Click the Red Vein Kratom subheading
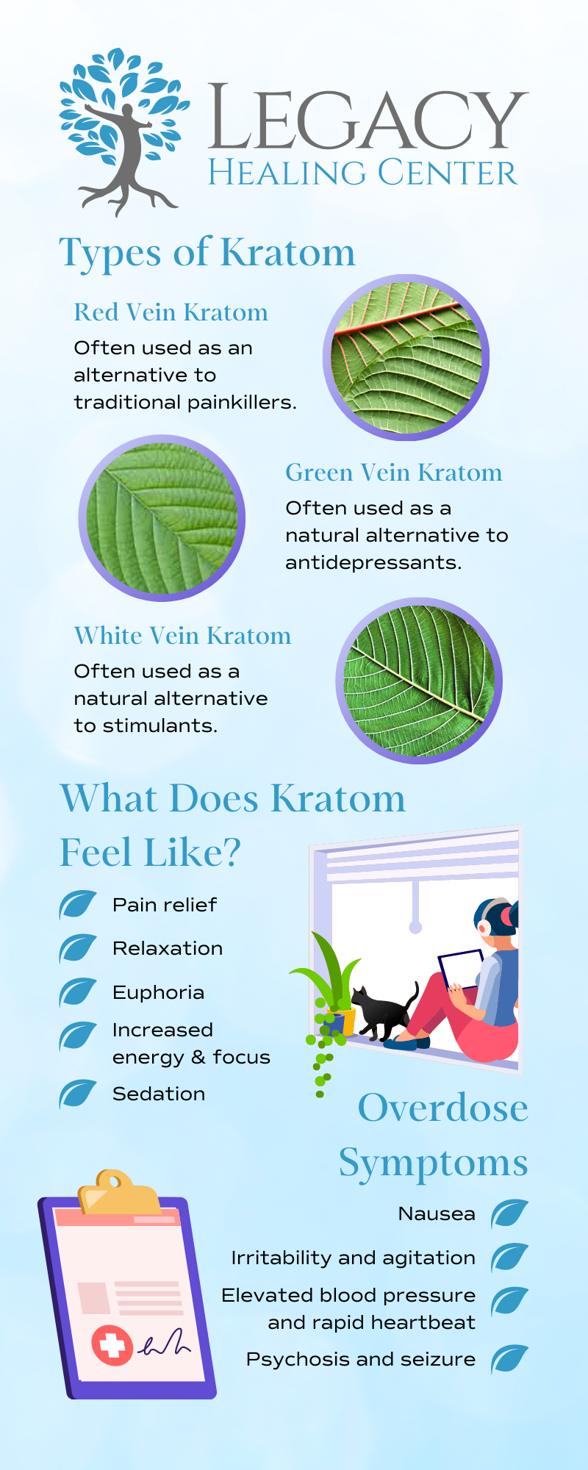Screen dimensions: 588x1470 point(171,312)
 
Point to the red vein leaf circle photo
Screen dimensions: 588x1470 point(406,358)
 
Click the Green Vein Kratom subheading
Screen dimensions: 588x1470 point(394,473)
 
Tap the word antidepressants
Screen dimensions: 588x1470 point(373,563)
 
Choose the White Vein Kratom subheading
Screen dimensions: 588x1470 point(182,636)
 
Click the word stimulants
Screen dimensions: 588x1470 point(159,726)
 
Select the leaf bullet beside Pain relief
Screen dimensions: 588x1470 point(78,905)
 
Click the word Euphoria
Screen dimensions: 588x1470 point(158,993)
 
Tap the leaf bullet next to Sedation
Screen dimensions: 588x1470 point(78,1094)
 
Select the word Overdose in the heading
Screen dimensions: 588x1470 point(443,1108)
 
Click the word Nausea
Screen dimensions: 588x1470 point(437,1213)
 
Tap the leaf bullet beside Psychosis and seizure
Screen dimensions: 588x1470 point(510,1359)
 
